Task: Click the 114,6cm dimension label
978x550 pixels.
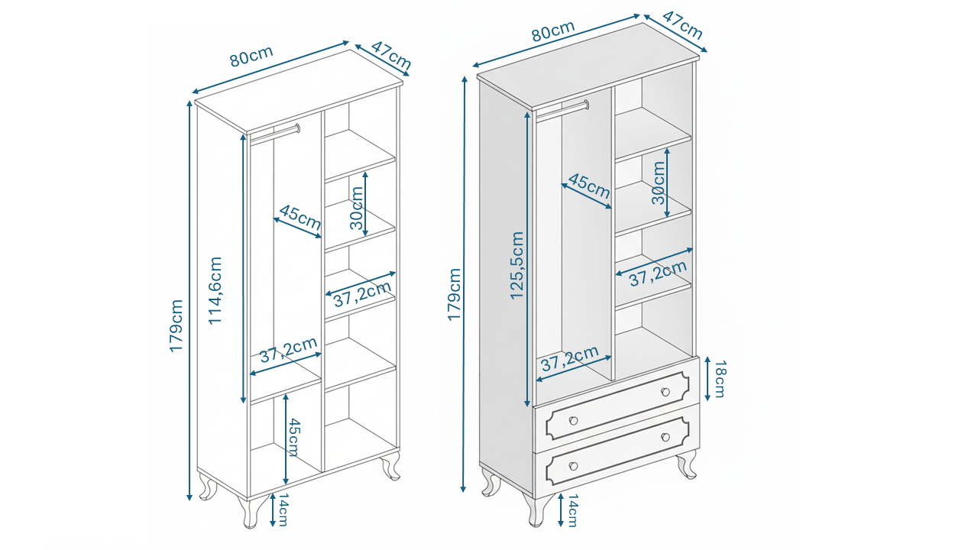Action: click(215, 290)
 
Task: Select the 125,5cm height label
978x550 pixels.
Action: click(517, 264)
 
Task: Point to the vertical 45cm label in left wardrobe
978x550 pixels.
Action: click(293, 438)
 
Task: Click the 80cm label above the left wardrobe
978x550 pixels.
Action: click(251, 57)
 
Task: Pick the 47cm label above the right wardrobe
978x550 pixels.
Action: click(682, 26)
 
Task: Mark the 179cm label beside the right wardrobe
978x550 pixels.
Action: click(455, 294)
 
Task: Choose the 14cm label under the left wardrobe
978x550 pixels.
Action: click(282, 510)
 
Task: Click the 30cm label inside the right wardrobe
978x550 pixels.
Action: click(659, 183)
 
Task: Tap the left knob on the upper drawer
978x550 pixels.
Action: click(573, 419)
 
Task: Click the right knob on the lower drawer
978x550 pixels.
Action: click(665, 437)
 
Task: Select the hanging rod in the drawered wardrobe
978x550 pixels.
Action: click(562, 110)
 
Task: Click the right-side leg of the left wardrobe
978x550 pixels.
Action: click(391, 465)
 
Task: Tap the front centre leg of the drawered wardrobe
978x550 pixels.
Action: click(541, 508)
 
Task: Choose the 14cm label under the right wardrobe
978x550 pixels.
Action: click(572, 510)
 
